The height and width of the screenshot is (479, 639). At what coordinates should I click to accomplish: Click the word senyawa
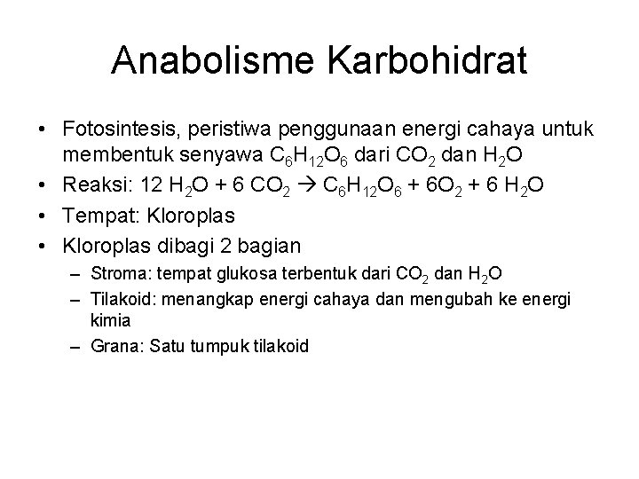[x=217, y=158]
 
